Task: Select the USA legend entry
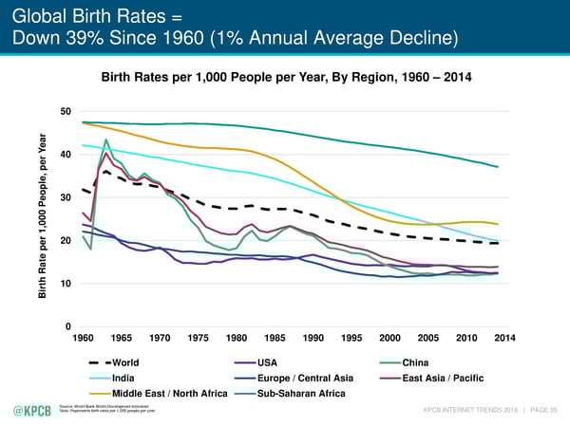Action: point(268,362)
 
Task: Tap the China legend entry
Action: point(416,362)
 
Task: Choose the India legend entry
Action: point(123,378)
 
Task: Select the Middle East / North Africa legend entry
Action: point(168,394)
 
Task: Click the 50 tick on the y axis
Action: point(66,112)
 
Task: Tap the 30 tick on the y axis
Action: point(66,197)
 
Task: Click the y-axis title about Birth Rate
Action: point(47,217)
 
